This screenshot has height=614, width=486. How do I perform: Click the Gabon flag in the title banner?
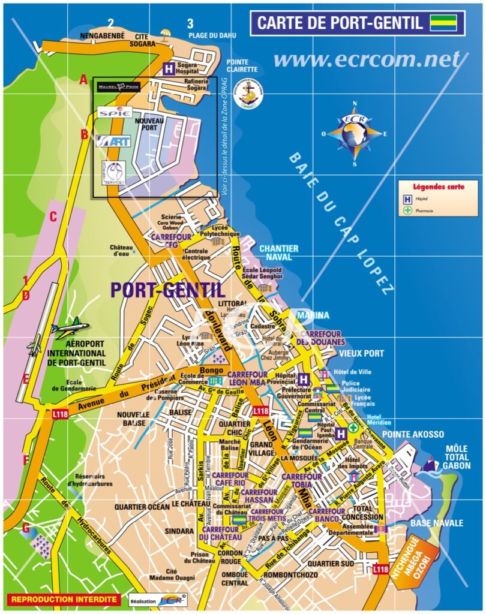pyautogui.click(x=443, y=23)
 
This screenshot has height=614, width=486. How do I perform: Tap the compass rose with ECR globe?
pyautogui.click(x=355, y=133)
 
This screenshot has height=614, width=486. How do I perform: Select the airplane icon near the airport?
pyautogui.click(x=71, y=329)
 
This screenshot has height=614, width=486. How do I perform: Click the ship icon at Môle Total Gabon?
pyautogui.click(x=432, y=463)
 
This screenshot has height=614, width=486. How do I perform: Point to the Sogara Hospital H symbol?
pyautogui.click(x=170, y=68)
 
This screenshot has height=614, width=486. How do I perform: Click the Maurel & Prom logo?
pyautogui.click(x=118, y=87)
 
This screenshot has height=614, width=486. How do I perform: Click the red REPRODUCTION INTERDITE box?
pyautogui.click(x=63, y=599)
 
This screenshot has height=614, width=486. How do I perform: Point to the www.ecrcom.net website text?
pyautogui.click(x=367, y=59)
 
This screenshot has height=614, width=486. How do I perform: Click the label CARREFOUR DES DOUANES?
pyautogui.click(x=321, y=338)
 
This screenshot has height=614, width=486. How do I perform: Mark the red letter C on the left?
pyautogui.click(x=53, y=217)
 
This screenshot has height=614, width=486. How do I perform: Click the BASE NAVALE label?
pyautogui.click(x=437, y=523)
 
